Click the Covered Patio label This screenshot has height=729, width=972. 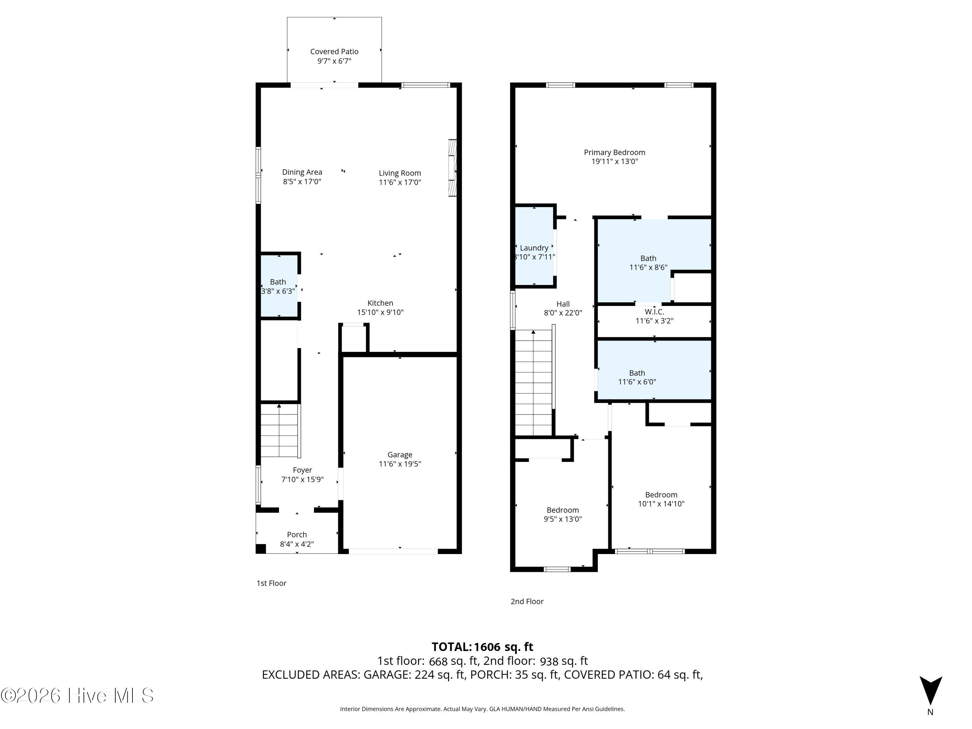click(334, 52)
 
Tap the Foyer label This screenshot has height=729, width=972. click(302, 470)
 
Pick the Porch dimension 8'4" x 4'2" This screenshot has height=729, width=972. click(297, 544)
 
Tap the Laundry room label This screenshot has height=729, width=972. click(534, 248)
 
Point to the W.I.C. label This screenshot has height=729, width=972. click(654, 312)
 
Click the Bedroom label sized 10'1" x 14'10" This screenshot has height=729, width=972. click(661, 495)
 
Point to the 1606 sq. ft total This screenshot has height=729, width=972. click(503, 647)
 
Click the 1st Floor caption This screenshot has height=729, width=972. click(271, 583)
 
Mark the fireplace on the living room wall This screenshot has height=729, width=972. click(453, 168)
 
